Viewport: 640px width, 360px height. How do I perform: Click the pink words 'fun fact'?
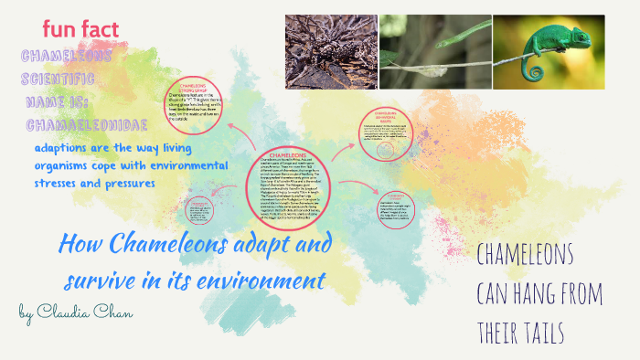tap(80, 29)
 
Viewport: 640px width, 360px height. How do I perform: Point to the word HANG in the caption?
tap(539, 294)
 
